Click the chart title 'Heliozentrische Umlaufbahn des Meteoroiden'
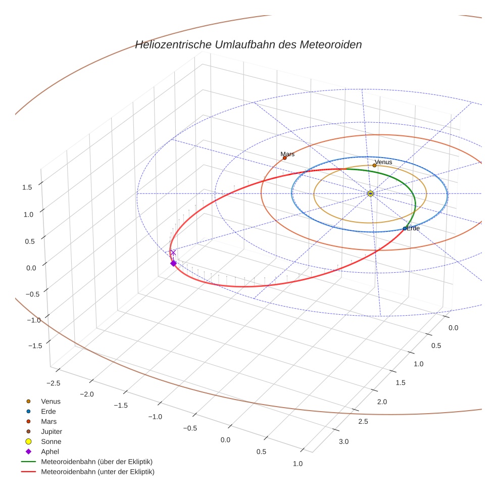pyautogui.click(x=248, y=44)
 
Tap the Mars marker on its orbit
pyautogui.click(x=285, y=158)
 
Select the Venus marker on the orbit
pyautogui.click(x=374, y=165)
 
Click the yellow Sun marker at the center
pyautogui.click(x=370, y=193)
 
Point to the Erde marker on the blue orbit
pyautogui.click(x=404, y=229)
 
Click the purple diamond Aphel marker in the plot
pyautogui.click(x=173, y=263)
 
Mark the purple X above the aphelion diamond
pyautogui.click(x=173, y=253)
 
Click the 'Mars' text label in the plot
pyautogui.click(x=287, y=154)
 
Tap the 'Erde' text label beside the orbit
pyautogui.click(x=413, y=229)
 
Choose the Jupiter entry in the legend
pyautogui.click(x=51, y=431)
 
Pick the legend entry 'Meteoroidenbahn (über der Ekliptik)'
pyautogui.click(x=96, y=462)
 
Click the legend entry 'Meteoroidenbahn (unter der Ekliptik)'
pyautogui.click(x=97, y=472)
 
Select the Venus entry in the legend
pyautogui.click(x=51, y=401)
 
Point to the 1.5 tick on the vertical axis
pyautogui.click(x=27, y=187)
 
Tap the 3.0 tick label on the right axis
pyautogui.click(x=343, y=442)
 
